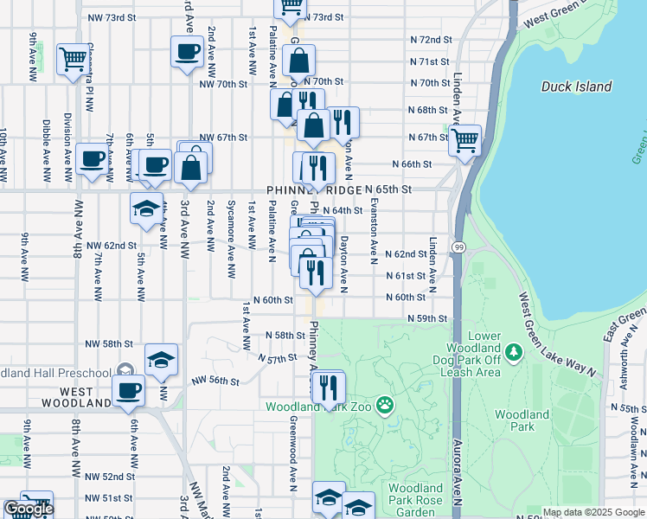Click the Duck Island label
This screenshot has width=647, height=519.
coord(576,86)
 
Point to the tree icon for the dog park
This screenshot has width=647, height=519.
coord(514,351)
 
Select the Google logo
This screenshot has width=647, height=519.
coord(29,509)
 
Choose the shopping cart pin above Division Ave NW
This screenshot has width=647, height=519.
coord(73,59)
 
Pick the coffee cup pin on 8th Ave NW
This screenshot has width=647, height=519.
coord(92,159)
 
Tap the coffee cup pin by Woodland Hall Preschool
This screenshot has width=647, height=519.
coord(129,390)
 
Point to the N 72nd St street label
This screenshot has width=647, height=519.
coord(431,40)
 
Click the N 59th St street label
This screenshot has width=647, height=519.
coord(429,318)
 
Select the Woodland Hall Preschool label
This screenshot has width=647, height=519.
coord(55,373)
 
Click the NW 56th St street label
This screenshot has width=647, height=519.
coord(215,380)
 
